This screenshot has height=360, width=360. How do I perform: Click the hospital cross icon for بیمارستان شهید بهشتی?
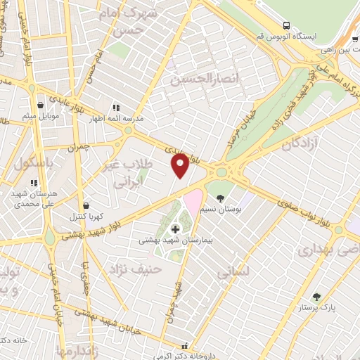[x=175, y=229]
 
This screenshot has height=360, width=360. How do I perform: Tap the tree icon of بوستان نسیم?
[x=220, y=198]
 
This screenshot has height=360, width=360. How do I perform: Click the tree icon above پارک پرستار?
[x=316, y=297]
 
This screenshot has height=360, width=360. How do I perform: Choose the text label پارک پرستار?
[x=318, y=308]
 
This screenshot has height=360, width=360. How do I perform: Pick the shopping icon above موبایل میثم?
[x=39, y=104]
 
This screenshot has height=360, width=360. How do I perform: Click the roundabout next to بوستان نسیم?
[x=223, y=171]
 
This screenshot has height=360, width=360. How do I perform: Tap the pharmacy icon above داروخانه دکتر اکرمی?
[x=184, y=346]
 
